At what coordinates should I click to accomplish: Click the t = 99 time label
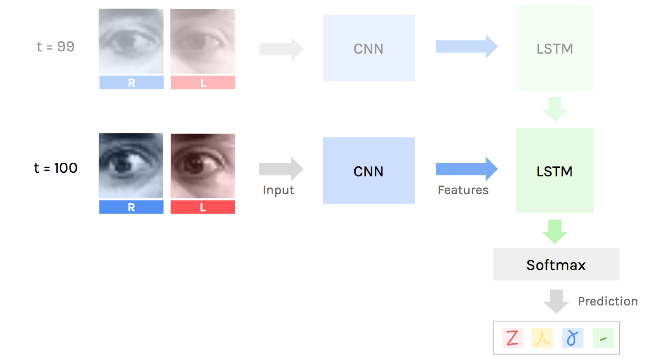(x=55, y=46)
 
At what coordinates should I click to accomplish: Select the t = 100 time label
(x=55, y=168)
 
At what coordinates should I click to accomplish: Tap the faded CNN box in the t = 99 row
(x=368, y=48)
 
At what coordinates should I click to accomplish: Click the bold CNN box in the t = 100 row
(x=368, y=171)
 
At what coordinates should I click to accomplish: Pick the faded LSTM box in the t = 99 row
(x=554, y=48)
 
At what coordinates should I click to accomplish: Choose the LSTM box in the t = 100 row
(x=554, y=171)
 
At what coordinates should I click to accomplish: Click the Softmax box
(x=556, y=265)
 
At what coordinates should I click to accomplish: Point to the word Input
(x=278, y=190)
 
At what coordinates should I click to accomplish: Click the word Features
(x=463, y=190)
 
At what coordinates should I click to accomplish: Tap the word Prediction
(x=607, y=301)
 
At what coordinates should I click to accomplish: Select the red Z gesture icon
(x=512, y=338)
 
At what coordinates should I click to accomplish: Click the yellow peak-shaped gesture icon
(x=542, y=338)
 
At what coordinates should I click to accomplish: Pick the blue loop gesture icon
(x=572, y=338)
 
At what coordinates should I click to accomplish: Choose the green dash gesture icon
(x=603, y=338)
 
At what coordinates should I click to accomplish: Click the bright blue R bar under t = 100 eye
(x=131, y=207)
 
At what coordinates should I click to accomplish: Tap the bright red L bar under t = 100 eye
(x=203, y=207)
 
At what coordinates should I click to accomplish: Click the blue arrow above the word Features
(x=466, y=169)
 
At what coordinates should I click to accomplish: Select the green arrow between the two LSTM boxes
(x=555, y=109)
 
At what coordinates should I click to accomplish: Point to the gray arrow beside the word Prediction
(x=556, y=301)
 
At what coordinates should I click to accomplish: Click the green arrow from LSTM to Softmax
(x=555, y=231)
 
